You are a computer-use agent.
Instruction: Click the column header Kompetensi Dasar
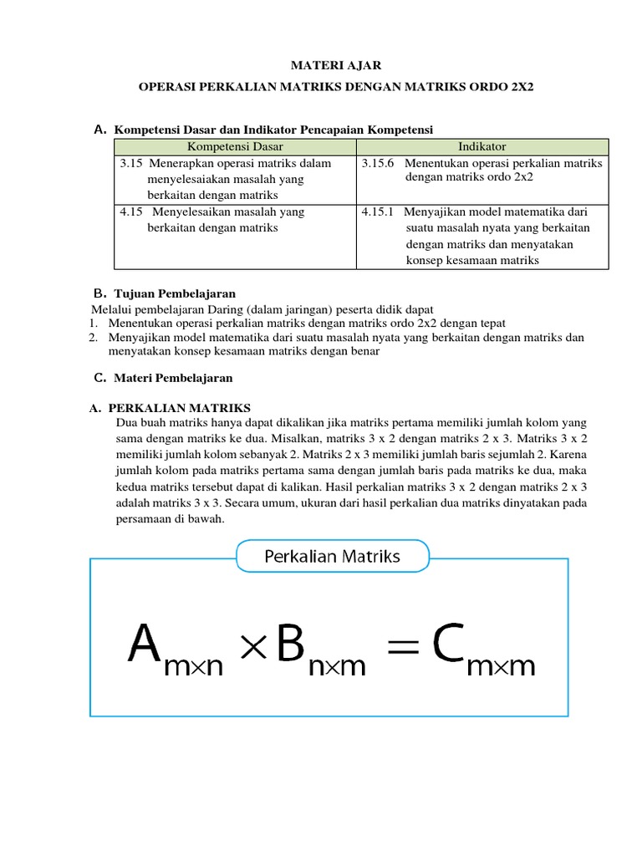click(x=235, y=147)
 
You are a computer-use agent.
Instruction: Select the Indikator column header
click(x=482, y=147)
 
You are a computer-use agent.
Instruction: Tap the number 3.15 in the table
click(x=132, y=164)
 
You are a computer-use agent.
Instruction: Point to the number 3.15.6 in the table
click(x=379, y=164)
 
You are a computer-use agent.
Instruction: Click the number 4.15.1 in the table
click(x=379, y=212)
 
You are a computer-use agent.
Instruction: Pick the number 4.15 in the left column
click(x=132, y=212)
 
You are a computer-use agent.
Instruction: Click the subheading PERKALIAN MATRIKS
click(x=180, y=408)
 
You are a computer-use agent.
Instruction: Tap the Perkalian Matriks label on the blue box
click(x=333, y=556)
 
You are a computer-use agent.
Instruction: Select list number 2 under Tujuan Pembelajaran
click(x=94, y=338)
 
